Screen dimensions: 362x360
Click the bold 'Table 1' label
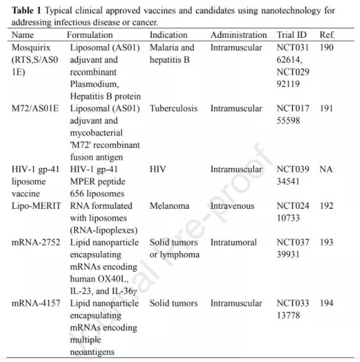pos(27,11)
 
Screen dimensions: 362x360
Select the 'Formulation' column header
pos(90,35)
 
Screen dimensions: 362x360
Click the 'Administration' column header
pos(238,35)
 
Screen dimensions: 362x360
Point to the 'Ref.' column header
pos(327,35)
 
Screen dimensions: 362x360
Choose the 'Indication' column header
pos(168,35)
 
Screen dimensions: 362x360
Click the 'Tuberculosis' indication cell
pos(174,108)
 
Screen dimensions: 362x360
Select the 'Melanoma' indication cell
pos(169,206)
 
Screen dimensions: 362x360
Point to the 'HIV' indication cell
pos(158,169)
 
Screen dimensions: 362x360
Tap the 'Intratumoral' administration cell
pos(233,243)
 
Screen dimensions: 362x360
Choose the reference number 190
pos(326,47)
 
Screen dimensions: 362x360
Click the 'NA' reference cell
pos(326,169)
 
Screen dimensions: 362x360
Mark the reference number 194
pos(326,303)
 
